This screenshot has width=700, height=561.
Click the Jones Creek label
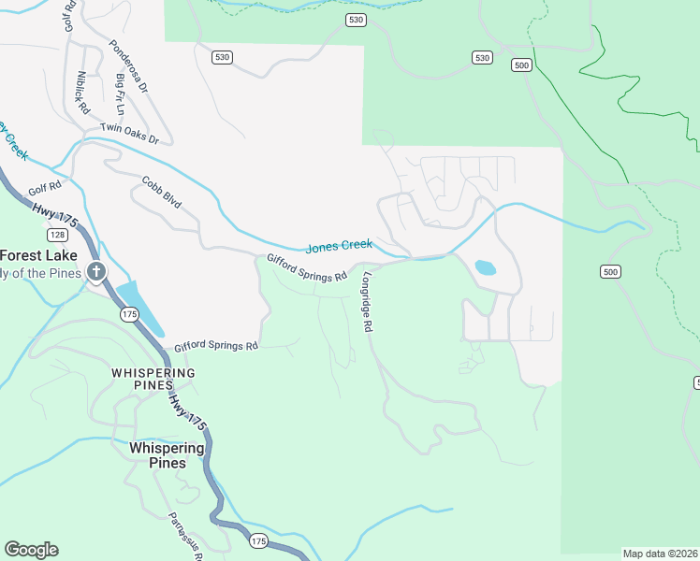pyautogui.click(x=339, y=246)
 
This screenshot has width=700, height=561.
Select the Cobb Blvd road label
pyautogui.click(x=161, y=192)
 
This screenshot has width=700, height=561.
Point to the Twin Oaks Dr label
pyautogui.click(x=130, y=134)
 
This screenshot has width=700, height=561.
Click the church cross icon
pyautogui.click(x=95, y=272)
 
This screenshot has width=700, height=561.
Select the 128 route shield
pyautogui.click(x=58, y=234)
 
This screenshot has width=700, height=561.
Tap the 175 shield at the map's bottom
pyautogui.click(x=259, y=540)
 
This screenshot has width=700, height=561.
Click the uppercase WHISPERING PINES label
pyautogui.click(x=153, y=379)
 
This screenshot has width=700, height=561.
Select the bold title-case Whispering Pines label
pyautogui.click(x=167, y=455)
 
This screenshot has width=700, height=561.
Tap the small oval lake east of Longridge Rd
pyautogui.click(x=486, y=267)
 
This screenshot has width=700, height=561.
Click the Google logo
pyautogui.click(x=31, y=549)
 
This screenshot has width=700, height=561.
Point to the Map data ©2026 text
pyautogui.click(x=660, y=553)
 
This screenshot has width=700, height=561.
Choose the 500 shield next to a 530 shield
pyautogui.click(x=522, y=65)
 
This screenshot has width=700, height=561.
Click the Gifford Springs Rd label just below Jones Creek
pyautogui.click(x=307, y=269)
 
